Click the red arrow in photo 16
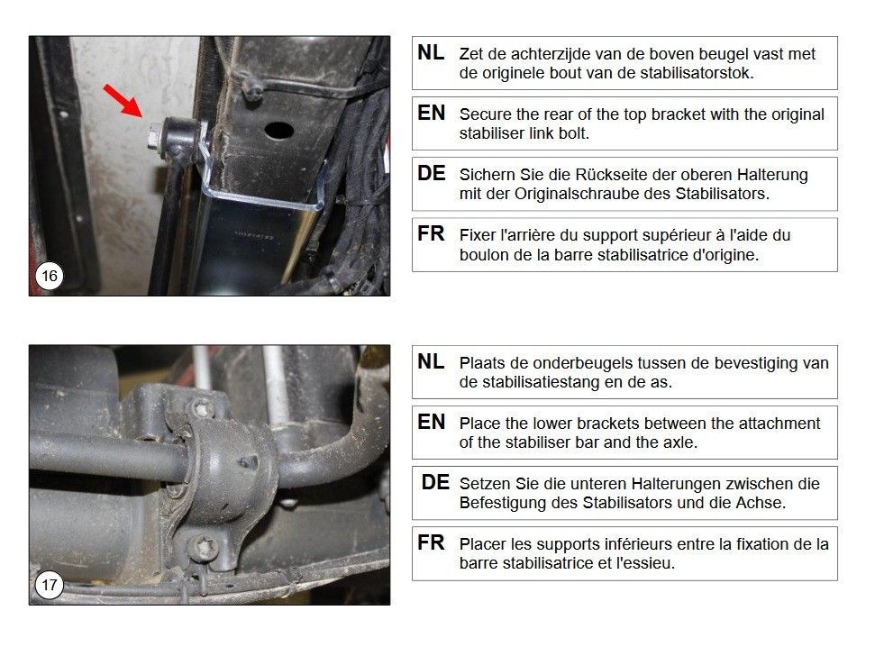point(123,101)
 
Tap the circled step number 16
point(49,276)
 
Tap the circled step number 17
point(49,585)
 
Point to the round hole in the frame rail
point(279,130)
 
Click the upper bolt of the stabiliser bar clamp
point(202,408)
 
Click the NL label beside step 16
point(431,52)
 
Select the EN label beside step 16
point(431,113)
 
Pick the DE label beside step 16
point(431,173)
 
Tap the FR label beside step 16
point(431,233)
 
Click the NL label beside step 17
point(431,361)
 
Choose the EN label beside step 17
point(431,422)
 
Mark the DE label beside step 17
point(434,482)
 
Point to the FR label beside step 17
point(431,542)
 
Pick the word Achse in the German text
point(760,503)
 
